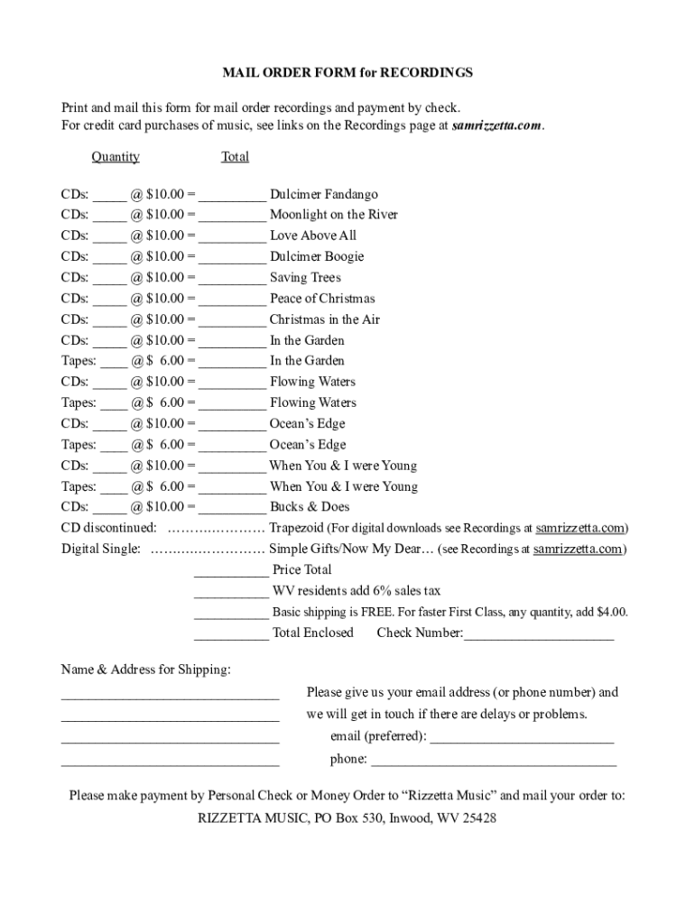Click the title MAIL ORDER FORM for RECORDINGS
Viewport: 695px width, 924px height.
[347, 72]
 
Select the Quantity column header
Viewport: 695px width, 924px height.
[116, 157]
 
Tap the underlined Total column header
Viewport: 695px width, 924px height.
[235, 157]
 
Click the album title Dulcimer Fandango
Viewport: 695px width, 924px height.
[323, 194]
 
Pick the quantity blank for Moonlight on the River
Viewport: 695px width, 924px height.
[109, 217]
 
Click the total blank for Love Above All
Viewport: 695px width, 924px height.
[232, 237]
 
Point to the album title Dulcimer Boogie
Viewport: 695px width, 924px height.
[316, 257]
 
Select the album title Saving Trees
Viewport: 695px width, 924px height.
[305, 278]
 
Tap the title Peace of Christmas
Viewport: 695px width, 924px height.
[321, 299]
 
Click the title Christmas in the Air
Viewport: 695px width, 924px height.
[324, 319]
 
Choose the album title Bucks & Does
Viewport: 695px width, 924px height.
[310, 507]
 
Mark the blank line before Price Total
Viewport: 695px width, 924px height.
[231, 572]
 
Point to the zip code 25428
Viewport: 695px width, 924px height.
[477, 819]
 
